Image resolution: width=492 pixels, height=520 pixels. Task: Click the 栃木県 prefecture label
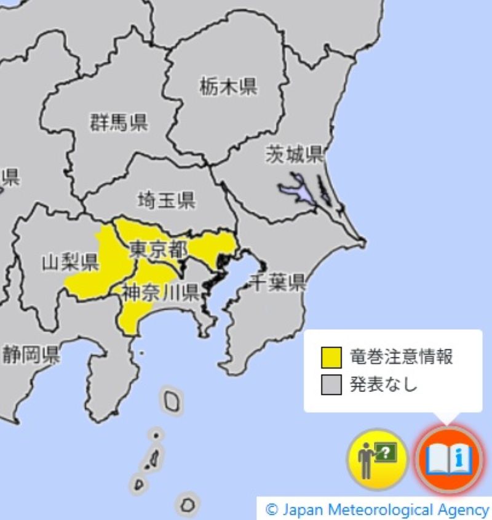[228, 87]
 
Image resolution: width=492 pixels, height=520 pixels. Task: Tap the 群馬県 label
[119, 122]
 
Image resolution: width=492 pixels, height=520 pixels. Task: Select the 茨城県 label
[295, 154]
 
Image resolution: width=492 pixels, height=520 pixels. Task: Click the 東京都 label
[159, 249]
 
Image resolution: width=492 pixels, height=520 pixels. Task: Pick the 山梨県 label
[70, 263]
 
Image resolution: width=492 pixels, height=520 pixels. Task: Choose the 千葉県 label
[278, 282]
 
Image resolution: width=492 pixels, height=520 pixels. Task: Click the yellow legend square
[331, 357]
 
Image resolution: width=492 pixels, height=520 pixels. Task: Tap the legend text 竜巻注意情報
[402, 357]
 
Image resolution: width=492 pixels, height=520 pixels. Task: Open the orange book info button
[448, 458]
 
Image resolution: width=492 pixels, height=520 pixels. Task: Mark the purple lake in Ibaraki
[293, 188]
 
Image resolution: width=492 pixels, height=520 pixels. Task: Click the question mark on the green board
[386, 454]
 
